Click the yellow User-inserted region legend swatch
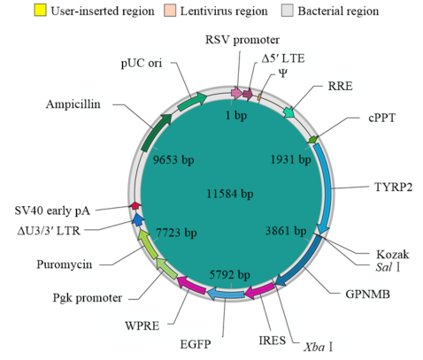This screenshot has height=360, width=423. pos(40,10)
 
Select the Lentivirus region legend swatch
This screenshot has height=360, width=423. pos(170,10)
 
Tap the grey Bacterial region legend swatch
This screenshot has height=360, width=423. pos(288,10)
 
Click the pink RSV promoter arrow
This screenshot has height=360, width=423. pos(237,93)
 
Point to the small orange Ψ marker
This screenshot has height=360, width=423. pos(259,97)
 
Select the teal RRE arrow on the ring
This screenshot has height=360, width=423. pos(289,112)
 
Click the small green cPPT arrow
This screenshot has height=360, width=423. pos(312,139)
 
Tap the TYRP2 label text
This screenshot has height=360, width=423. pos(393,187)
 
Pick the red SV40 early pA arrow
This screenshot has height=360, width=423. pos(135,205)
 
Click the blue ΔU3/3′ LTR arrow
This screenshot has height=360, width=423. pos(138,220)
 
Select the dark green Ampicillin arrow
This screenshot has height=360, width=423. pos(156,133)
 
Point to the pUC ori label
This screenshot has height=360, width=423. pos(142,63)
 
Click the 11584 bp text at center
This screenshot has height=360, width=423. pos(230,194)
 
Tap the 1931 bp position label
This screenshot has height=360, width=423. pos(291,159)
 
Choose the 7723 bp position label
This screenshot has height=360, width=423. pos(176,233)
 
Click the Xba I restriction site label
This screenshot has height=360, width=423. pos(319,347)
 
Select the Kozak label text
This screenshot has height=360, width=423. pos(393,254)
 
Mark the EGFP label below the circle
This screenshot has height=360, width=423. pos(196,344)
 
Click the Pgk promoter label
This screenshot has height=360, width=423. pos(88,298)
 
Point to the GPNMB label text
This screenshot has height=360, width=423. pos(367,294)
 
